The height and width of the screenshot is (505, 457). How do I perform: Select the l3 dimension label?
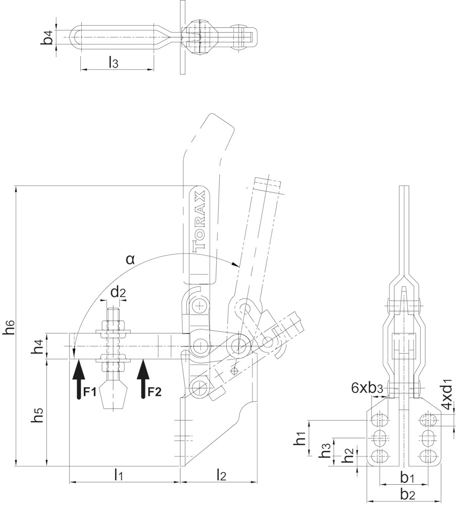coord(113,62)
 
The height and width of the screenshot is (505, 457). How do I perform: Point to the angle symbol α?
coord(130,259)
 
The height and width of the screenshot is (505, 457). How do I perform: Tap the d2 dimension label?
coord(118,293)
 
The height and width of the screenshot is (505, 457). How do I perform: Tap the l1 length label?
coord(119,475)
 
